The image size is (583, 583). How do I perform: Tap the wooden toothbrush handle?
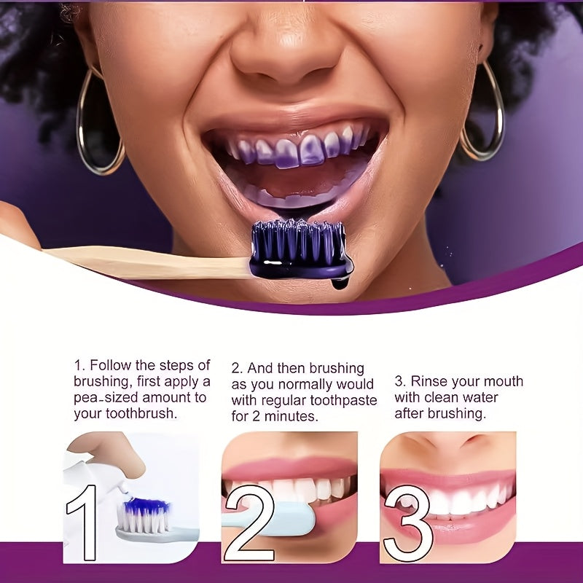pos(146,261)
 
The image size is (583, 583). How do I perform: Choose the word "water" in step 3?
pos(481,397)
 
